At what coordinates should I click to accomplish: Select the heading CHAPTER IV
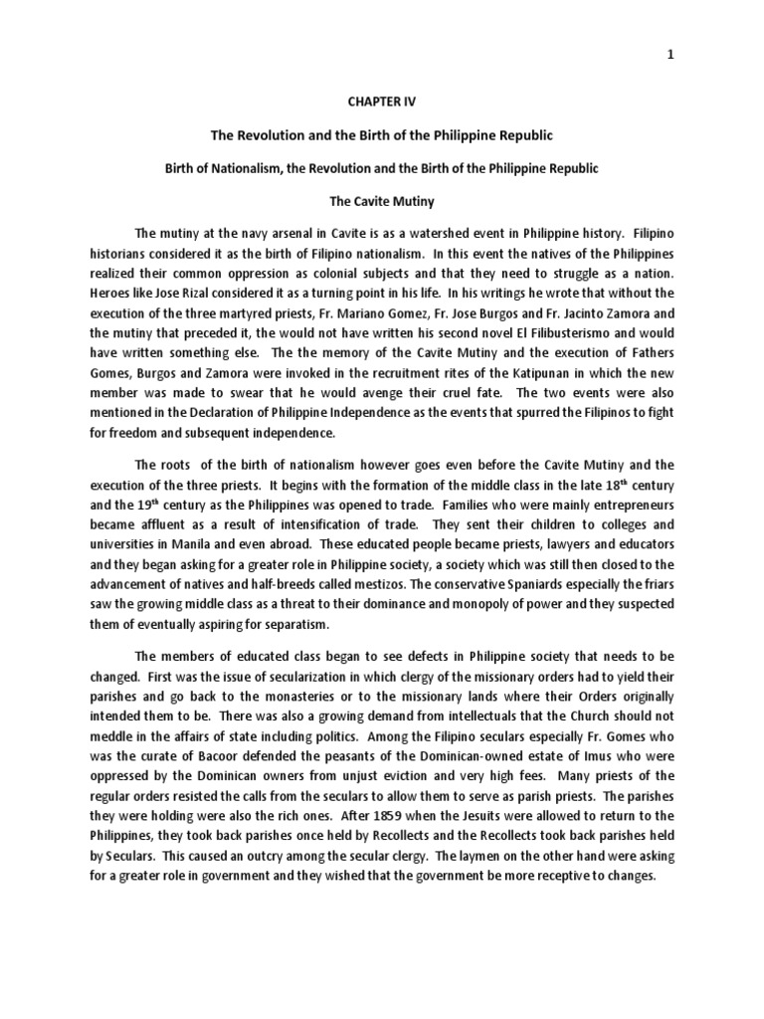coord(382,101)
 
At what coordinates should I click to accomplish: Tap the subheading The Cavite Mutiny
coord(382,202)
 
